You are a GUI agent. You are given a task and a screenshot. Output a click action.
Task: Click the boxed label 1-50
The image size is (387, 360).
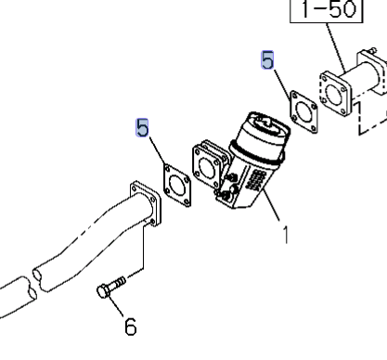coord(327,9)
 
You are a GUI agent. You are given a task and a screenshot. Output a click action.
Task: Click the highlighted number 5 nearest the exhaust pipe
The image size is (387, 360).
coord(142,127)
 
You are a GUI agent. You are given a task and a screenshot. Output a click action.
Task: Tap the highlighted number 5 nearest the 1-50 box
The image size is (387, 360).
coord(267,60)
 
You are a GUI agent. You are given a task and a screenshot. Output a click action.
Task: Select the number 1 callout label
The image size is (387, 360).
coord(286,235)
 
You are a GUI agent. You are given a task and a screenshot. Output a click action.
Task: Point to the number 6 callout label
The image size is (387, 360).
coord(131,327)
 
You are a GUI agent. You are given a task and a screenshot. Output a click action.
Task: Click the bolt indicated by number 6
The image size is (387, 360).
coord(111,287)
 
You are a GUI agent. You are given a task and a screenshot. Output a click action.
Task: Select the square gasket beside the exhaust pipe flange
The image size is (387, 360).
coord(177,185)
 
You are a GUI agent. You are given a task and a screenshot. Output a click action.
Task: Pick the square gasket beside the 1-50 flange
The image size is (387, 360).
coord(303,111)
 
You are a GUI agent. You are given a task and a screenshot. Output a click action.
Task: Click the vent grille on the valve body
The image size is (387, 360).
coord(256,180)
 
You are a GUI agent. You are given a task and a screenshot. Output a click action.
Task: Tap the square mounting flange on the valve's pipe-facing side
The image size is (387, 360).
coord(207,167)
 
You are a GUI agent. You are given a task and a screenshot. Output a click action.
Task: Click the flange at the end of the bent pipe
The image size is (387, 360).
coord(146,204)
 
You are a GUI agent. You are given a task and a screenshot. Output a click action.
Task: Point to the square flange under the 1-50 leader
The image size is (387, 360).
coord(335,94)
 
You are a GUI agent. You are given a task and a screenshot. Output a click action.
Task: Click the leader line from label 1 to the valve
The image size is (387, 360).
coord(271,205)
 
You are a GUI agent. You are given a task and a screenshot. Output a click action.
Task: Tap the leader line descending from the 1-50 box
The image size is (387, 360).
coord(336,47)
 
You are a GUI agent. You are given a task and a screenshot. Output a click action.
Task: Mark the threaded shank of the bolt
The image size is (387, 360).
coord(119,283)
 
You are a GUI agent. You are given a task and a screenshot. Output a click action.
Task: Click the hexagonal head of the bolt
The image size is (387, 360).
coord(103,291)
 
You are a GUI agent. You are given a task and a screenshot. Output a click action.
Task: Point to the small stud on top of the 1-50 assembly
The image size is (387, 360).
coord(373,50)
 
